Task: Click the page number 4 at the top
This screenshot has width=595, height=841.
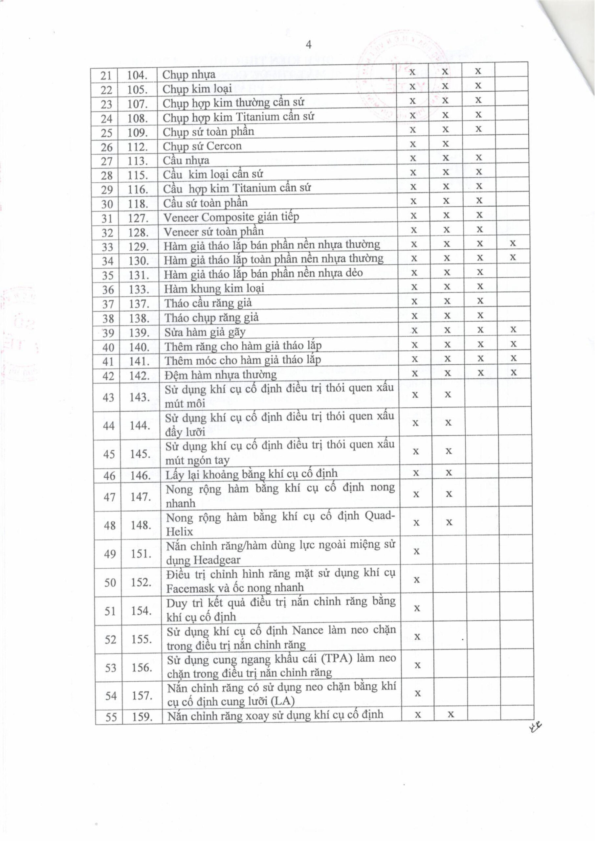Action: pyautogui.click(x=308, y=45)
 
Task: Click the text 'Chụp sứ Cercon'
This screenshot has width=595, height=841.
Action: pyautogui.click(x=202, y=146)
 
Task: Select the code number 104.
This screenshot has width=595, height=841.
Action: pyautogui.click(x=137, y=76)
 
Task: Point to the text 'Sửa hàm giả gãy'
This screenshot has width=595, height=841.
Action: pyautogui.click(x=205, y=332)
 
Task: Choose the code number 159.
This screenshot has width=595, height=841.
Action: pyautogui.click(x=142, y=716)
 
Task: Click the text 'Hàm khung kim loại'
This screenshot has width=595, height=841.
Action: pyautogui.click(x=214, y=289)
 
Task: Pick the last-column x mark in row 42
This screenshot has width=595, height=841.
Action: pyautogui.click(x=514, y=373)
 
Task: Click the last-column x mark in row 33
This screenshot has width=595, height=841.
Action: pyautogui.click(x=513, y=243)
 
